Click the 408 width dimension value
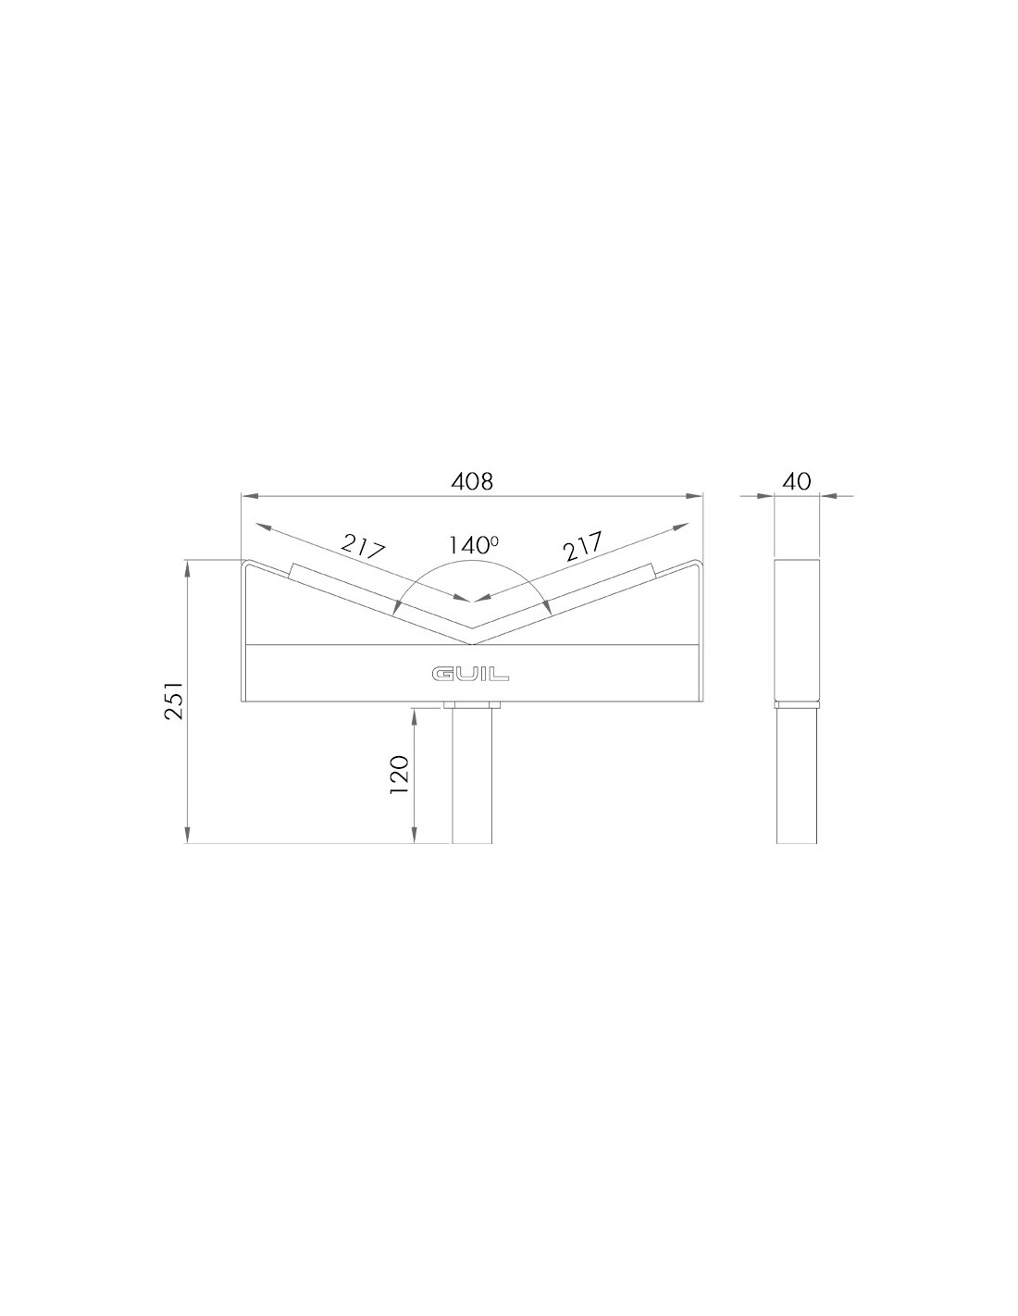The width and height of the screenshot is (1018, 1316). coord(472,481)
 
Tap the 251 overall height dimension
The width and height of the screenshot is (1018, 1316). coord(174,699)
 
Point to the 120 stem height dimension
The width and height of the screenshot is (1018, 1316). coord(401,776)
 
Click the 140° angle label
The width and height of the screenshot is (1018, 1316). coord(473,545)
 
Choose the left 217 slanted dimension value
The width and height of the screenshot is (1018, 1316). coord(363,546)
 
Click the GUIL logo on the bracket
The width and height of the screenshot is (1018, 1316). coord(470,674)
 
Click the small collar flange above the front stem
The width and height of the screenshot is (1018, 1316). coord(472,705)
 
